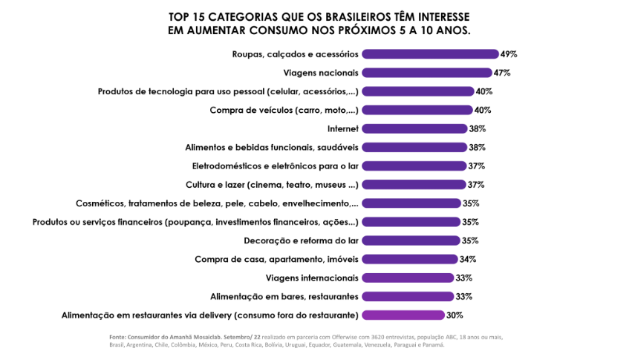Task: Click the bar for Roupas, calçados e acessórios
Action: coord(430,54)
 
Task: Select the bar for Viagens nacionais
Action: coord(427,73)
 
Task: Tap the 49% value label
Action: coord(509,54)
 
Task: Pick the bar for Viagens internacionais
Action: coord(408,278)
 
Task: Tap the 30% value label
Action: coord(455,315)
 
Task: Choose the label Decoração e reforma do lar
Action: coord(302,240)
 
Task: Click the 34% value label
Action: coord(467,259)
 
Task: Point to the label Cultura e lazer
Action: coord(272,185)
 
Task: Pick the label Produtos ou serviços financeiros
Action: coord(196,222)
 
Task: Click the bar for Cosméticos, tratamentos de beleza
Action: coord(411,203)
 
